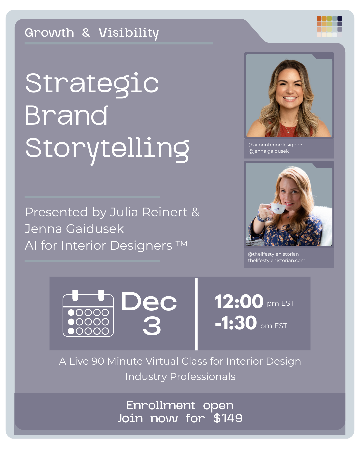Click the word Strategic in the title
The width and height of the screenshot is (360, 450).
point(92,84)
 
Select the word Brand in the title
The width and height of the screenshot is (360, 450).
point(66,116)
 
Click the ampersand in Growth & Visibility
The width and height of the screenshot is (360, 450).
point(86,33)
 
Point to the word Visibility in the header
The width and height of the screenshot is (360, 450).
point(129,33)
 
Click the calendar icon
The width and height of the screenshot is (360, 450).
point(88,313)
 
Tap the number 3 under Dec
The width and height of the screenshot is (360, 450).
point(152,326)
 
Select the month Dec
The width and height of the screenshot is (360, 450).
point(149,302)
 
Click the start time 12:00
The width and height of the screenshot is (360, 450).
point(239,302)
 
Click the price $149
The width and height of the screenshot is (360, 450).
point(228,418)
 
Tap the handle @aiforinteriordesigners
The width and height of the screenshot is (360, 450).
point(276,145)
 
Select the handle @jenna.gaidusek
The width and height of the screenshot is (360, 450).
point(268,151)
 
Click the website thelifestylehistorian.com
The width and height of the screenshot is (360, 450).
point(276,260)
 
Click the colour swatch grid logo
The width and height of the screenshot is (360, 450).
point(329,26)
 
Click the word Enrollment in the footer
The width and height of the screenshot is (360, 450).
point(161,405)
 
